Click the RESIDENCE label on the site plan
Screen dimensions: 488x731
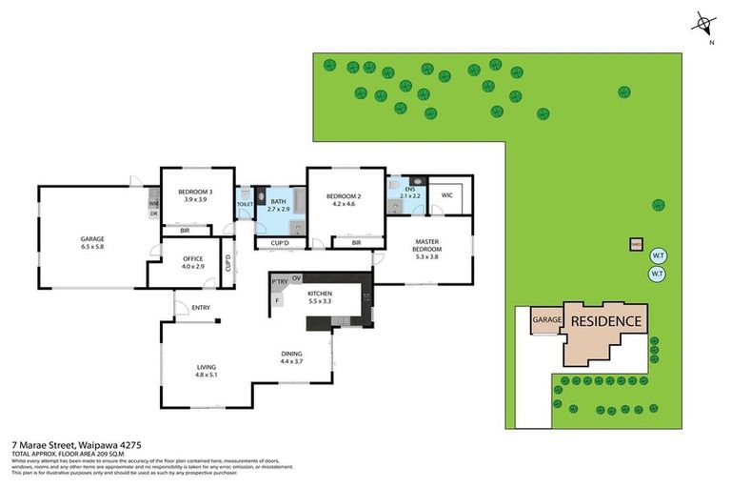606,321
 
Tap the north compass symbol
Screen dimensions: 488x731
702,24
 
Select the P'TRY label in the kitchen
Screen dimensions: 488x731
280,282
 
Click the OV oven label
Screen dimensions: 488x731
297,277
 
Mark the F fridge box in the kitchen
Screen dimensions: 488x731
278,300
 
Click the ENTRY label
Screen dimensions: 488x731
201,307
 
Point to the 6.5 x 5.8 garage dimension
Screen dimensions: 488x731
92,248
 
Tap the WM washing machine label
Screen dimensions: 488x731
152,204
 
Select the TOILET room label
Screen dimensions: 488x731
245,204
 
